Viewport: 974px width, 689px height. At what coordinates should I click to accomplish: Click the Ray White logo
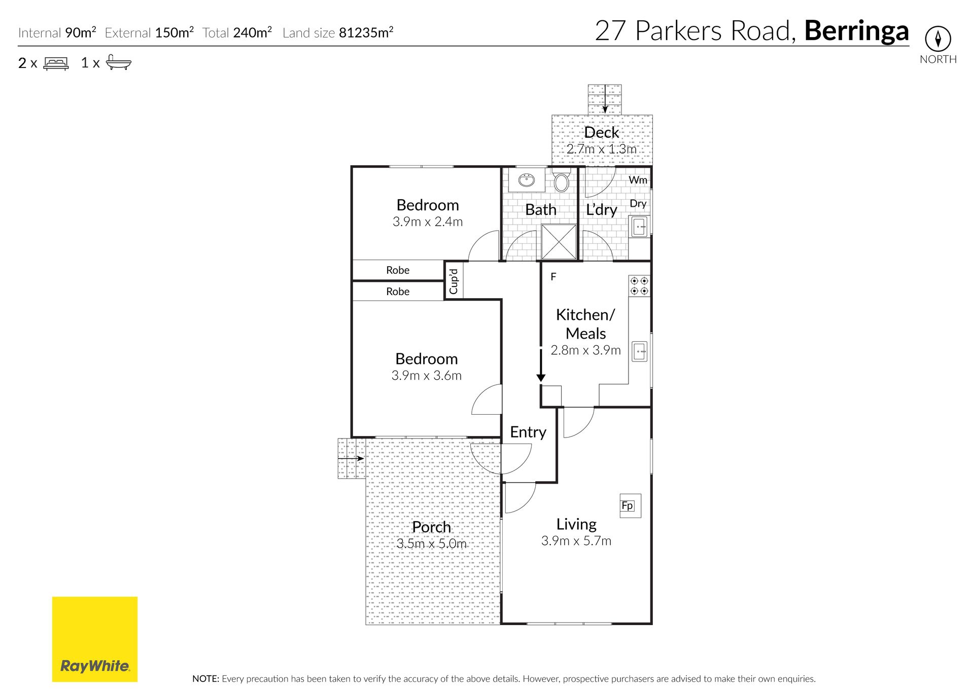95,639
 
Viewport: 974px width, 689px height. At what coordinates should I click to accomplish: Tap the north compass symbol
937,39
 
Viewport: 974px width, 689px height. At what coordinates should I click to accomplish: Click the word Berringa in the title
856,31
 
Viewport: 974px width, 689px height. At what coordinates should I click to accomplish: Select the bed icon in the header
56,63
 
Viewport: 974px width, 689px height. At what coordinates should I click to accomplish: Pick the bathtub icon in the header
119,62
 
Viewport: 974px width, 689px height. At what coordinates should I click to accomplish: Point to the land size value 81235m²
366,32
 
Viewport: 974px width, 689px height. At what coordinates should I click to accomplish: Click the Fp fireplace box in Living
630,505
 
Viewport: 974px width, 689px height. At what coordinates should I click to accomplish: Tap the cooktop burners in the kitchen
639,286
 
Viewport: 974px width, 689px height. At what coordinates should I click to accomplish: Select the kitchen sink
640,351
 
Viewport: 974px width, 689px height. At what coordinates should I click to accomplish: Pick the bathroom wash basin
527,179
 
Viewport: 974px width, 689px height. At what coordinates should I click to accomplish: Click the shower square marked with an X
559,242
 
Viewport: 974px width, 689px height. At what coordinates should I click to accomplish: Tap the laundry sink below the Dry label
640,226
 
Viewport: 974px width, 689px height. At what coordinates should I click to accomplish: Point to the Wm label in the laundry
638,180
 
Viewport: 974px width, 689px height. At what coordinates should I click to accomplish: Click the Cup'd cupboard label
454,281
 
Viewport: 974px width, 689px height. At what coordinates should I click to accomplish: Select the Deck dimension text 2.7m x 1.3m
601,149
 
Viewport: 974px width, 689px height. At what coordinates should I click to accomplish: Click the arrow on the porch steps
351,459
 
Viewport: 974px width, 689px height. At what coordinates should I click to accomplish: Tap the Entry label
528,432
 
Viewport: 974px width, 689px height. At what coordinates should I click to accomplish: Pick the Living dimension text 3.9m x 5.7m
576,541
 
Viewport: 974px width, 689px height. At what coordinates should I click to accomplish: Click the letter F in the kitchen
553,277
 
